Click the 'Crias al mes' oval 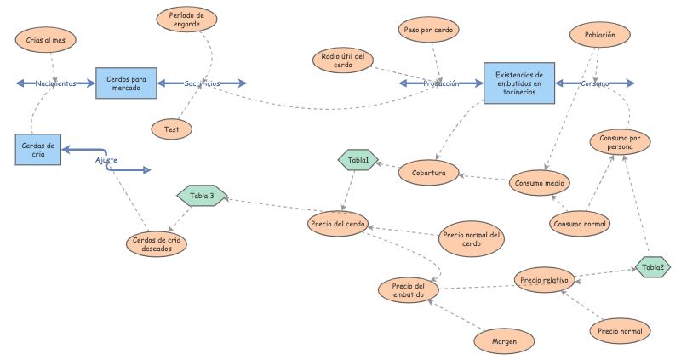click(x=46, y=40)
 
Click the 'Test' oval click(x=171, y=129)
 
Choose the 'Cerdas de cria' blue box click(x=37, y=150)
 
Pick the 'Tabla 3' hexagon click(x=202, y=196)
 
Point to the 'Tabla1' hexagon click(x=358, y=159)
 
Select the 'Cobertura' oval click(x=428, y=171)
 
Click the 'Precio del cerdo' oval click(x=337, y=225)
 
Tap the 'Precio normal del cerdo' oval click(x=471, y=239)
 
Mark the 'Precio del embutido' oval click(x=409, y=290)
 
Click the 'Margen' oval click(x=504, y=341)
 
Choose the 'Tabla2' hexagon click(x=653, y=267)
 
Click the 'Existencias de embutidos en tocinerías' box click(x=519, y=83)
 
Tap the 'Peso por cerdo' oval click(x=430, y=30)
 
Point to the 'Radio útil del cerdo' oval click(x=343, y=60)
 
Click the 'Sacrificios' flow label click(x=202, y=83)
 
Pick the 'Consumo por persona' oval click(x=621, y=143)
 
